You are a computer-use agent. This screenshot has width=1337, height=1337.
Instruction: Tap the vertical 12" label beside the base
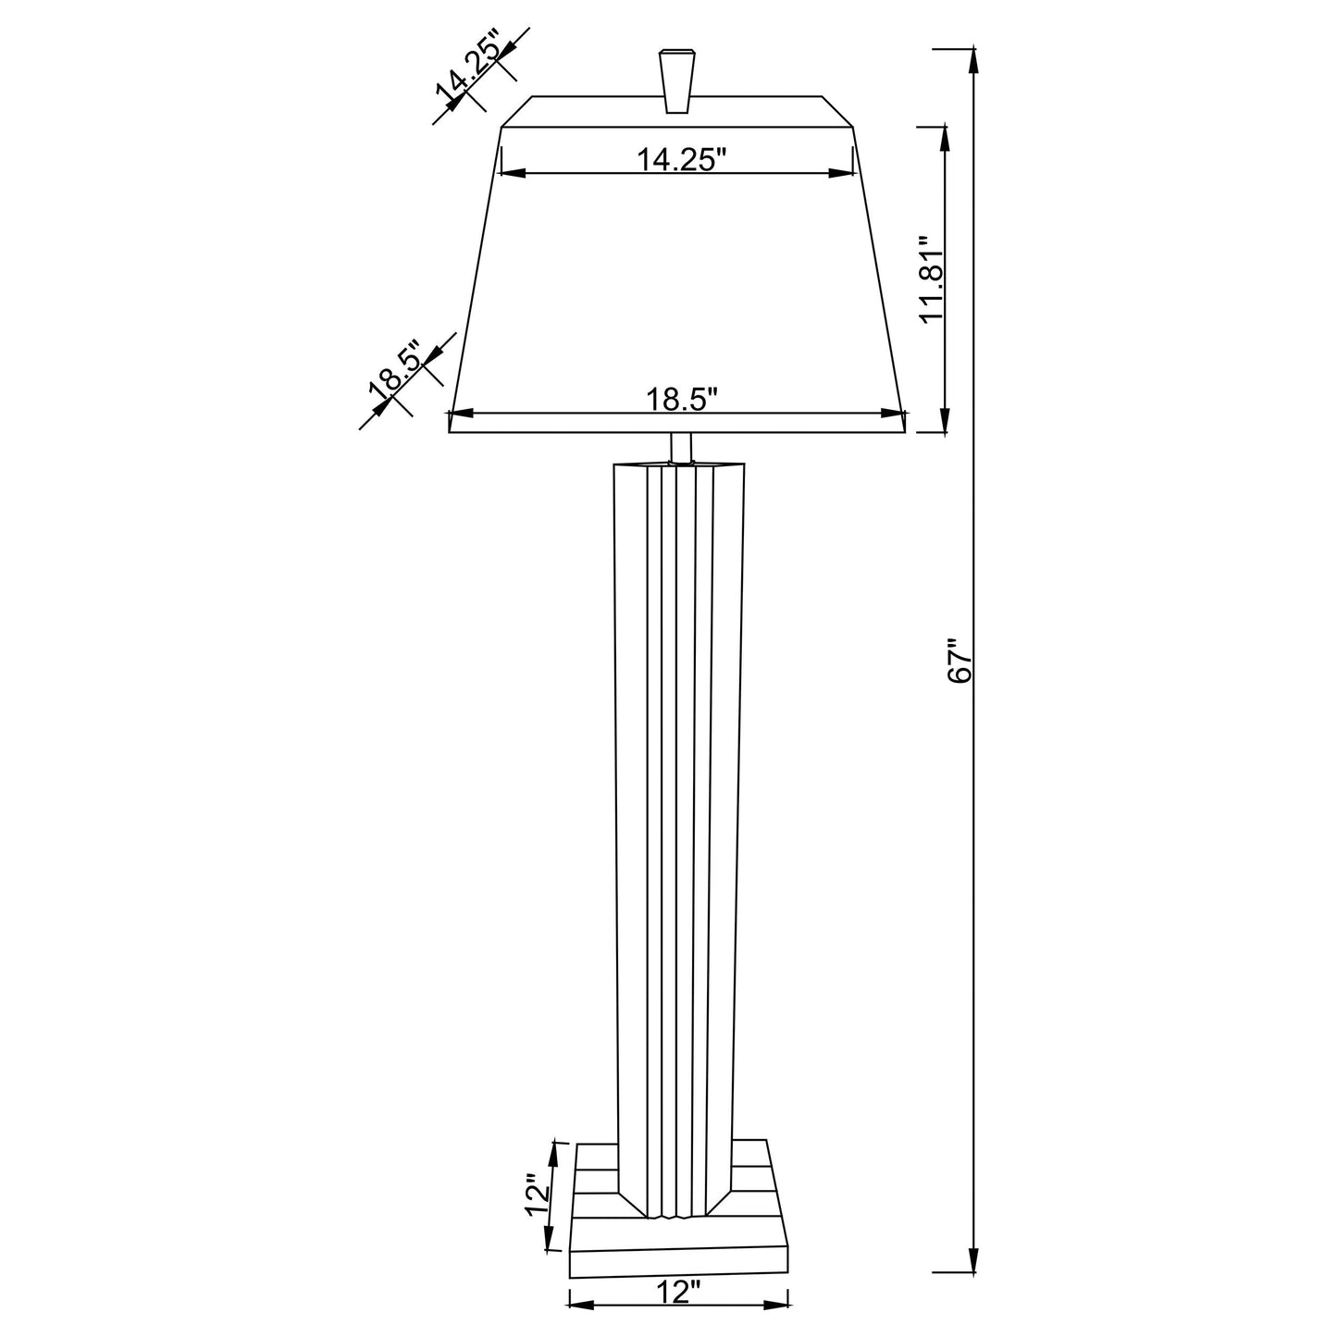pos(538,1201)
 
